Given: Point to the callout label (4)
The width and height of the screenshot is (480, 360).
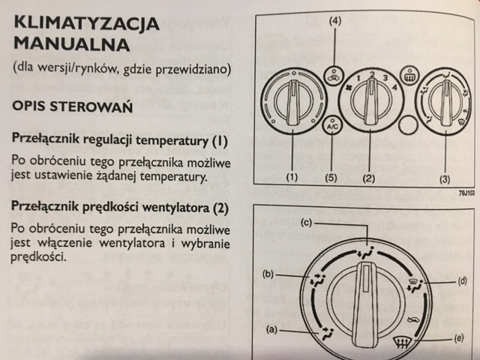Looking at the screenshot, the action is (x=334, y=22).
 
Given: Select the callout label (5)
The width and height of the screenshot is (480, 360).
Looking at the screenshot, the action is (x=333, y=178).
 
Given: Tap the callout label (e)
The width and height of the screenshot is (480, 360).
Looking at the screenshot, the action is (x=458, y=338).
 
